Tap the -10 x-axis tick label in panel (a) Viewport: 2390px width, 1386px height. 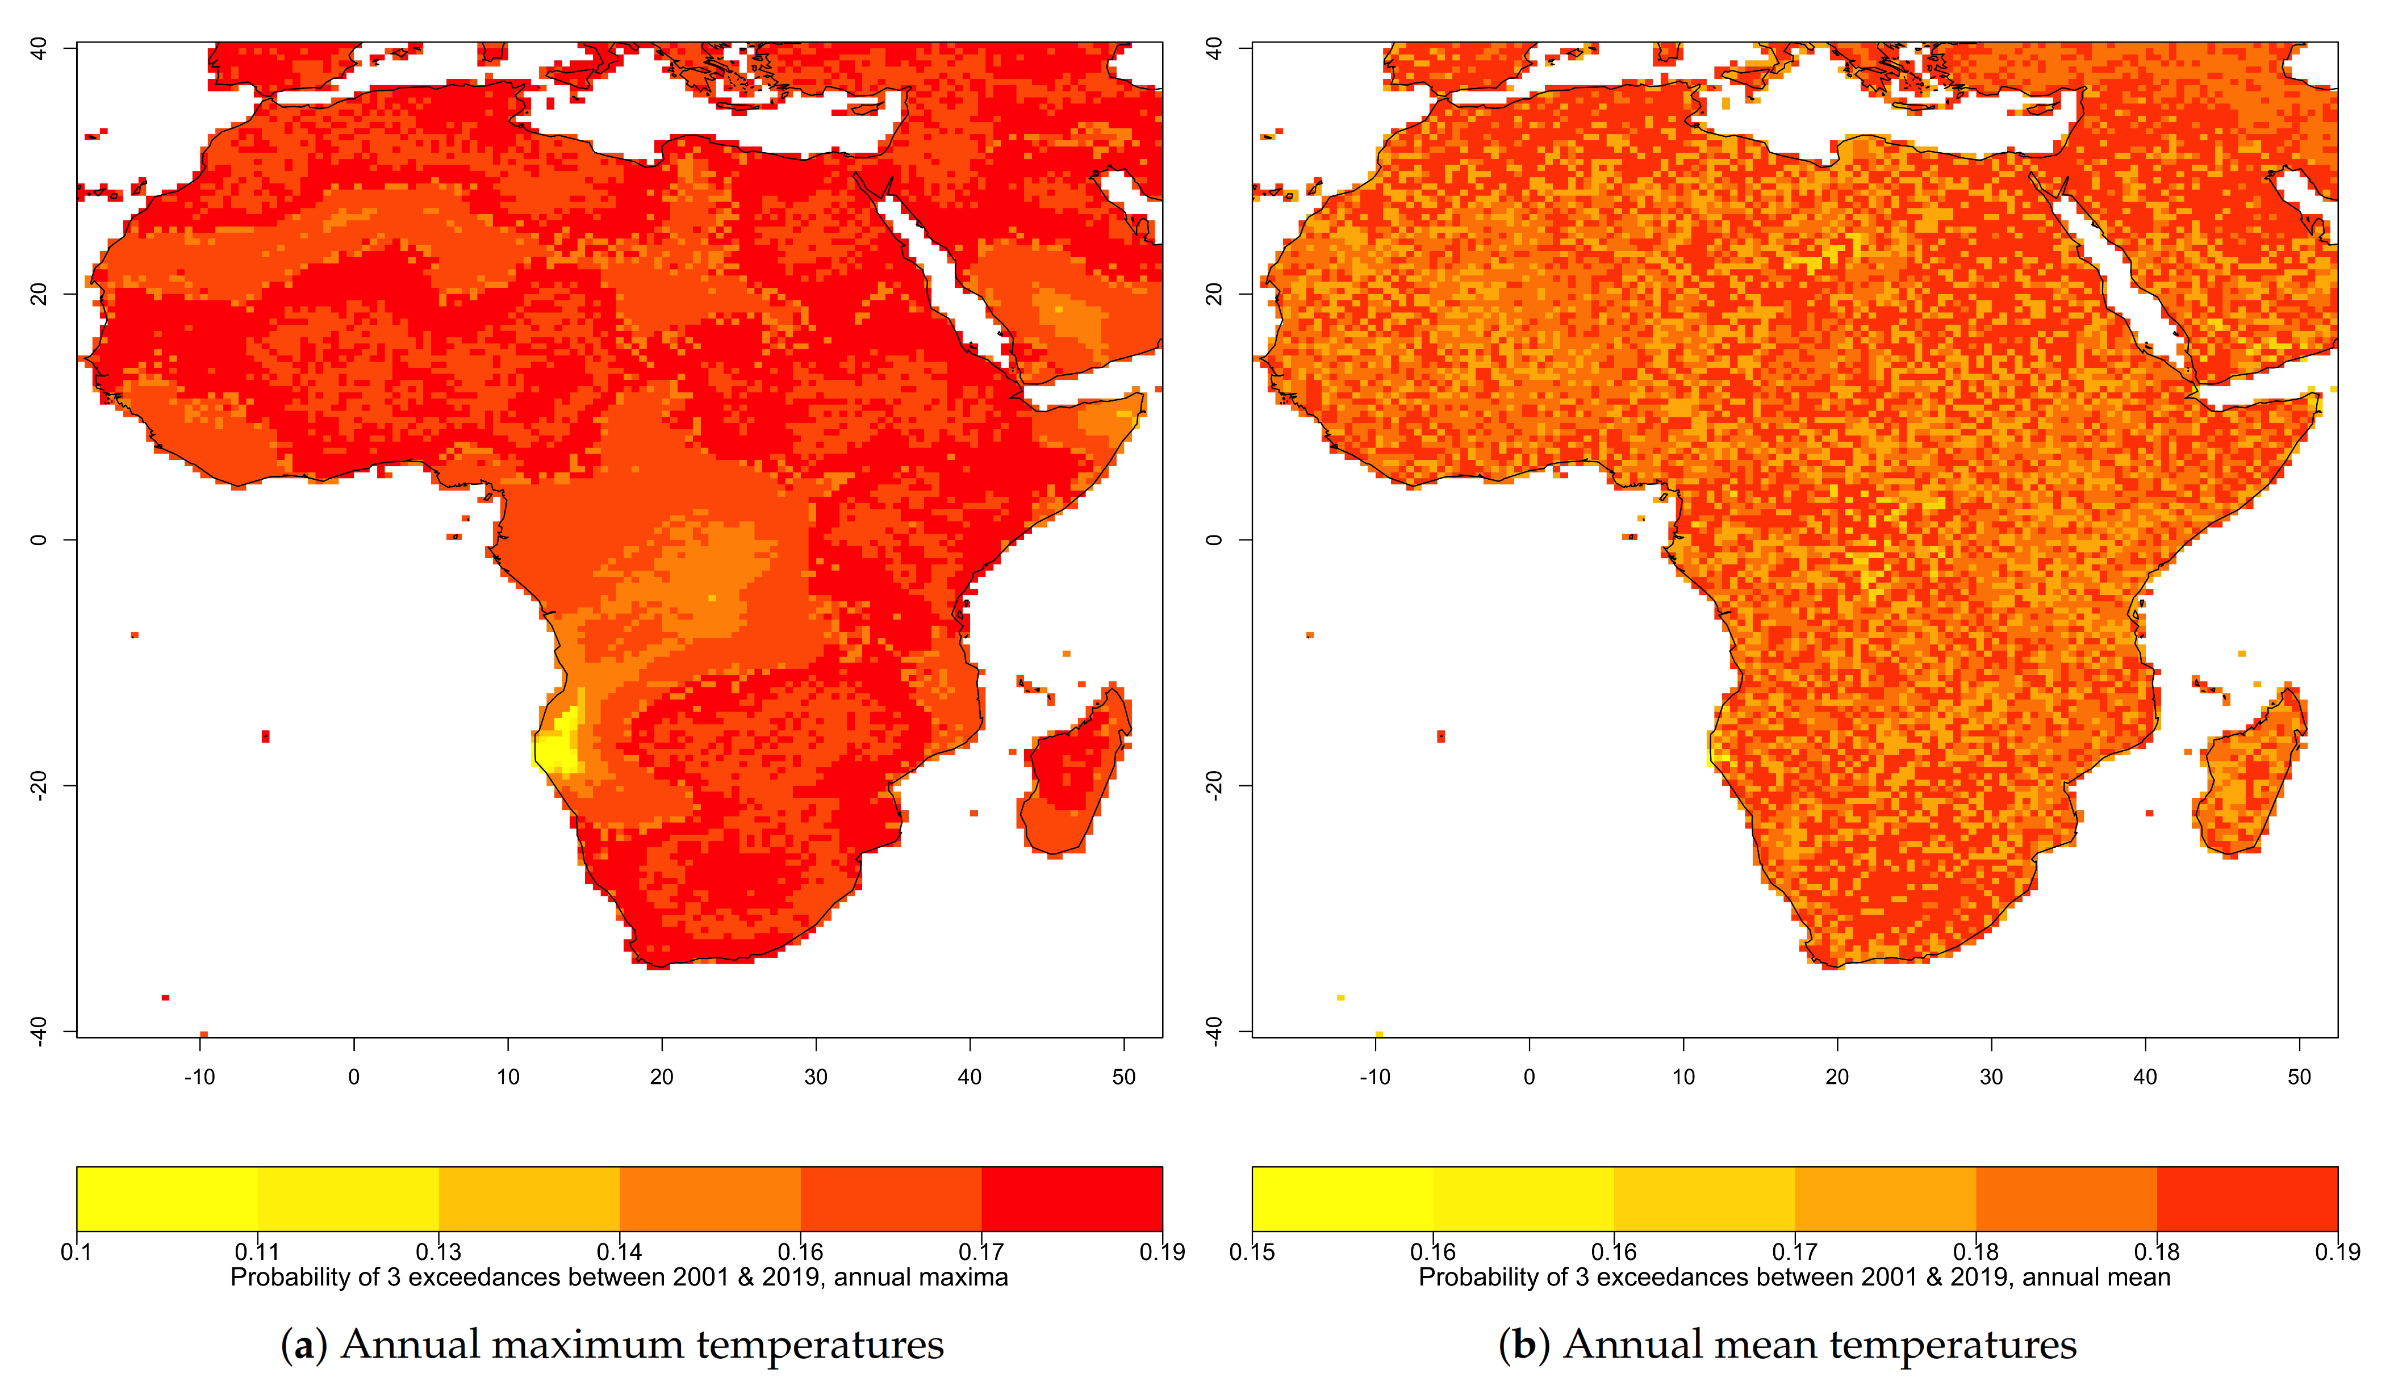point(199,1077)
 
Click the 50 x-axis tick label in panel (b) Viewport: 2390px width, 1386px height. point(2299,1077)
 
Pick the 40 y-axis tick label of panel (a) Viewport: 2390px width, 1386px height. point(39,48)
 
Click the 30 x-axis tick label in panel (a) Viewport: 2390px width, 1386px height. point(816,1077)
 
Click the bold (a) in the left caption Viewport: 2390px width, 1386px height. point(303,1345)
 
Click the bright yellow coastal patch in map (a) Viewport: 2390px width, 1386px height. point(559,744)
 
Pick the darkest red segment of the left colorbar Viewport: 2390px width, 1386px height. point(1072,1199)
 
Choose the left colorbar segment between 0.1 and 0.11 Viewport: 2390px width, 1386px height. point(167,1199)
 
